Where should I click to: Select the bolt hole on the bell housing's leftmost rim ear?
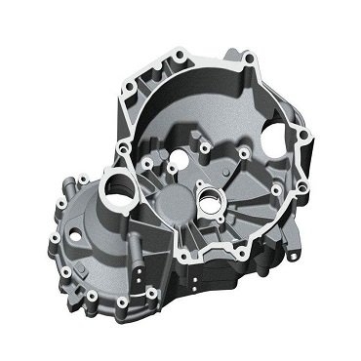124,146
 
